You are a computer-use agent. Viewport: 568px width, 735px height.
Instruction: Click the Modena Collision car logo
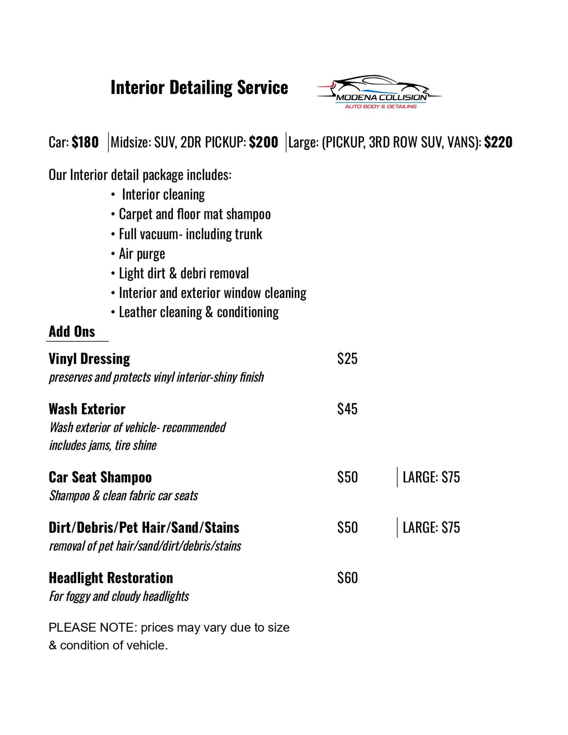(x=379, y=92)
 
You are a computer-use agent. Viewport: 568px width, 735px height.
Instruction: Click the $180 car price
(x=85, y=142)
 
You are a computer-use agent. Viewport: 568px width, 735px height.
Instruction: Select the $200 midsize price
(x=263, y=142)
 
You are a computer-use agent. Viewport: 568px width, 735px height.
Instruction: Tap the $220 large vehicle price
(x=498, y=142)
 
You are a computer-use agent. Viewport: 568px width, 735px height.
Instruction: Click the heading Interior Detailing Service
(x=199, y=88)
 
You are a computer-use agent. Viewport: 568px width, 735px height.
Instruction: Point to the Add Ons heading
(x=72, y=331)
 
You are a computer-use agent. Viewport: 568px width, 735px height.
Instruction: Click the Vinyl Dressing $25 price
(x=347, y=359)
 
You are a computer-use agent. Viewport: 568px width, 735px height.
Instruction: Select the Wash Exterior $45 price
(x=347, y=409)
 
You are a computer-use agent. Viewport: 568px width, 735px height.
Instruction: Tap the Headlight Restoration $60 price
(x=347, y=578)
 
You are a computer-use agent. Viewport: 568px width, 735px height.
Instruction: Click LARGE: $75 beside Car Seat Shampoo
(x=431, y=477)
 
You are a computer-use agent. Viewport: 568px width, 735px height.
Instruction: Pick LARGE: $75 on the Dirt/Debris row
(x=431, y=528)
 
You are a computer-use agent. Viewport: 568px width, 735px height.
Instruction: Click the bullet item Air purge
(x=142, y=254)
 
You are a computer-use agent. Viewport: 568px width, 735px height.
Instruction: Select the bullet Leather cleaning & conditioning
(x=199, y=312)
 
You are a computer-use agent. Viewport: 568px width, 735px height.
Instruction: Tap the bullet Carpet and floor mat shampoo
(x=194, y=214)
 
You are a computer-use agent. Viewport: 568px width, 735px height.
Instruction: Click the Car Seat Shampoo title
(x=100, y=477)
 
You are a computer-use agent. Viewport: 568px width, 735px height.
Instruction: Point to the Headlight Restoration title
(x=111, y=578)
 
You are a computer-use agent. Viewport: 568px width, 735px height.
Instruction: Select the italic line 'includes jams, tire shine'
(x=103, y=445)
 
